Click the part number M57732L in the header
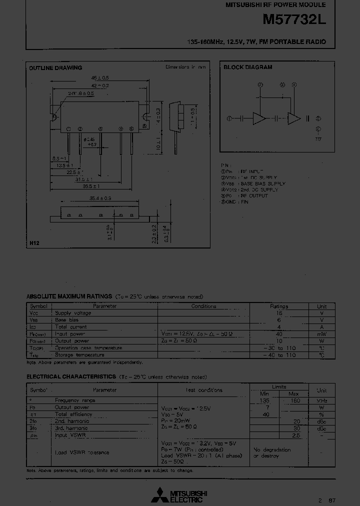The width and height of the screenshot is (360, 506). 293,21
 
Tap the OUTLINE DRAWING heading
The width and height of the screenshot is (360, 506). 55,68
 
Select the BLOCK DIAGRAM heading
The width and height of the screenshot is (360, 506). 247,67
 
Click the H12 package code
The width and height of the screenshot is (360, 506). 34,242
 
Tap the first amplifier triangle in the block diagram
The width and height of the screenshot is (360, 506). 259,118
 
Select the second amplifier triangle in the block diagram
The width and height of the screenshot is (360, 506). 293,118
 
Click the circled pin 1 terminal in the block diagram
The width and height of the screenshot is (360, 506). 229,118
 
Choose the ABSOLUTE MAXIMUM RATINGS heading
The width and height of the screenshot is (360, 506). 69,296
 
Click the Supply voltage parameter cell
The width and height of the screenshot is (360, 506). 73,313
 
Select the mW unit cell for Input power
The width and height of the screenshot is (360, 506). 321,334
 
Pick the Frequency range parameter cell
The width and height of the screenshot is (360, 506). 75,400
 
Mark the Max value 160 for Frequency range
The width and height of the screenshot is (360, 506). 295,400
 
